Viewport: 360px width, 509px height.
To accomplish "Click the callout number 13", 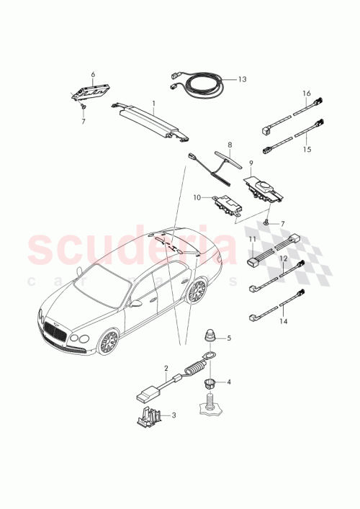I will coord(242,79).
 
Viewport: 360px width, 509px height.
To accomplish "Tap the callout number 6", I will coord(92,73).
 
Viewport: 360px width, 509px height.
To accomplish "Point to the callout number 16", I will coord(307,94).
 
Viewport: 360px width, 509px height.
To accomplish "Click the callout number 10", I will coord(197,197).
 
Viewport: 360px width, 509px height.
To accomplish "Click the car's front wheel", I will coord(109,341).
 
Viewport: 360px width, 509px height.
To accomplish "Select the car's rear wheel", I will coord(194,291).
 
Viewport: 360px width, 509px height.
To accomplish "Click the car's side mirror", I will coord(135,303).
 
